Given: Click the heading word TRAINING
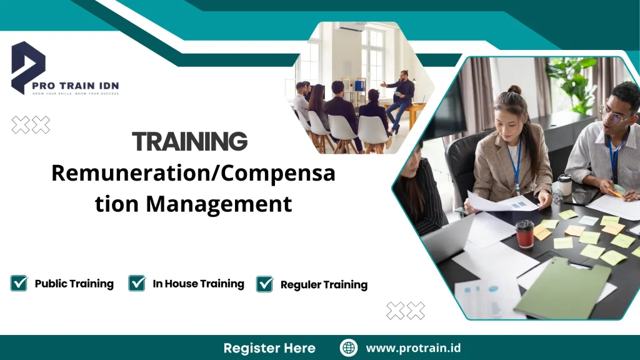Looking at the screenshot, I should click(x=189, y=142).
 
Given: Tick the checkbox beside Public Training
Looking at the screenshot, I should click(x=19, y=283).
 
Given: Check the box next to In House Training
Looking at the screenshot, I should click(x=137, y=283).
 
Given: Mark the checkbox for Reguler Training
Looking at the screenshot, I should click(x=265, y=284).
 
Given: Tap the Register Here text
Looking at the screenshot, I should click(x=269, y=347).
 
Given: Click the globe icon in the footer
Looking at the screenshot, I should click(x=349, y=347).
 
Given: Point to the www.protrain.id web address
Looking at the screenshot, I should click(x=413, y=347).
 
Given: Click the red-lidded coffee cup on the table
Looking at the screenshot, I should click(x=524, y=233).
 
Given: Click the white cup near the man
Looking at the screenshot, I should click(x=565, y=185).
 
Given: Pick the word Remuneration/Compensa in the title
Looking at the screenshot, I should click(x=193, y=173).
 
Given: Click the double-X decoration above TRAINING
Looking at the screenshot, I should click(x=31, y=125).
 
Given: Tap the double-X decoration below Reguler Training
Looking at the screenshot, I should click(x=406, y=311).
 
